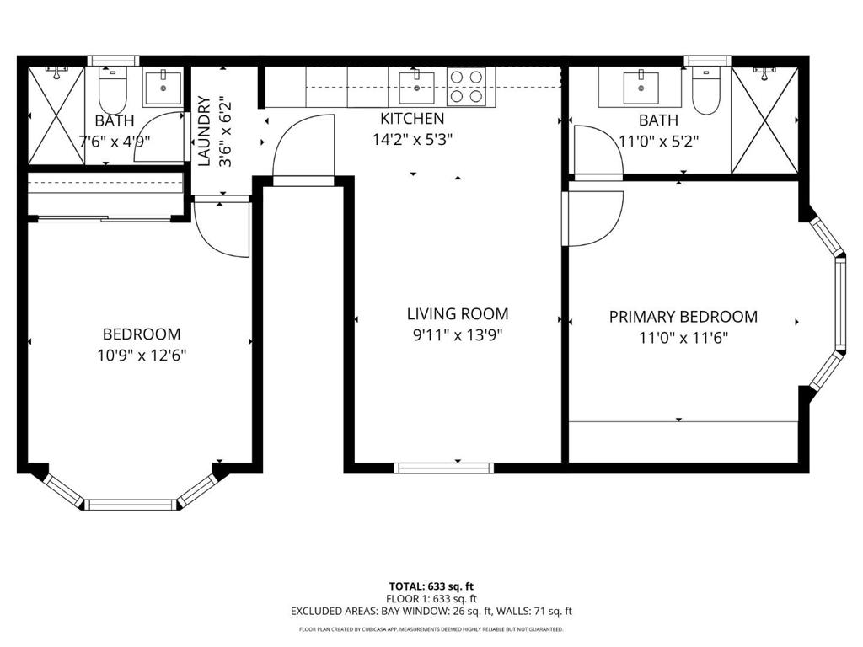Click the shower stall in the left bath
56,115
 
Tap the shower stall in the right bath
764,119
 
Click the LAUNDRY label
204,131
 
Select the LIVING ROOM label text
458,314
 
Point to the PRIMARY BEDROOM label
683,317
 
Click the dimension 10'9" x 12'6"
142,355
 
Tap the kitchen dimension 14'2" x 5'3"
413,140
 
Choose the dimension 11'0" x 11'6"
683,338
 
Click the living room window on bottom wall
444,468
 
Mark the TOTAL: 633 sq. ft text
431,586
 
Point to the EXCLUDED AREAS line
431,612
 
